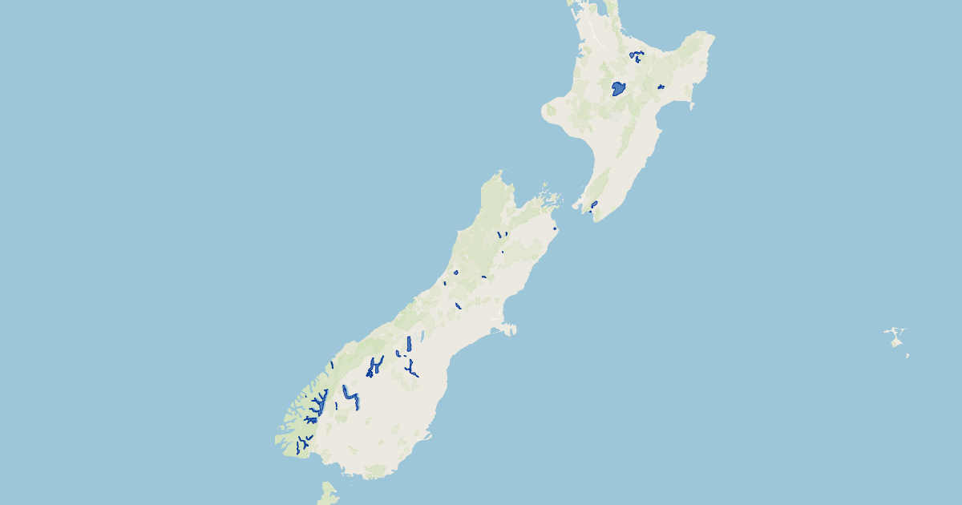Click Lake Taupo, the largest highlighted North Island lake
click(618, 88)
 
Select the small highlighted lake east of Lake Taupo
click(661, 87)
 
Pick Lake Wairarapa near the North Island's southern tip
click(594, 204)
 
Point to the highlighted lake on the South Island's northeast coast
click(554, 228)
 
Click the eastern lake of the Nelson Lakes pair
click(506, 234)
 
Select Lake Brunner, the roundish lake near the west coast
click(455, 273)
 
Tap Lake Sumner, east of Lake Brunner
click(484, 277)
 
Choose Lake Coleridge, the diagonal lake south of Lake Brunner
click(458, 305)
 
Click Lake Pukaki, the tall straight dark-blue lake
click(409, 344)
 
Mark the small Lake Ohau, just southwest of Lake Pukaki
click(398, 353)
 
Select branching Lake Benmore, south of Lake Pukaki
click(412, 370)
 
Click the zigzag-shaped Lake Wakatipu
click(349, 397)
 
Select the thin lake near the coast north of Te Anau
click(331, 365)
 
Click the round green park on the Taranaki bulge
click(551, 110)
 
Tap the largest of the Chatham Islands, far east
click(896, 340)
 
